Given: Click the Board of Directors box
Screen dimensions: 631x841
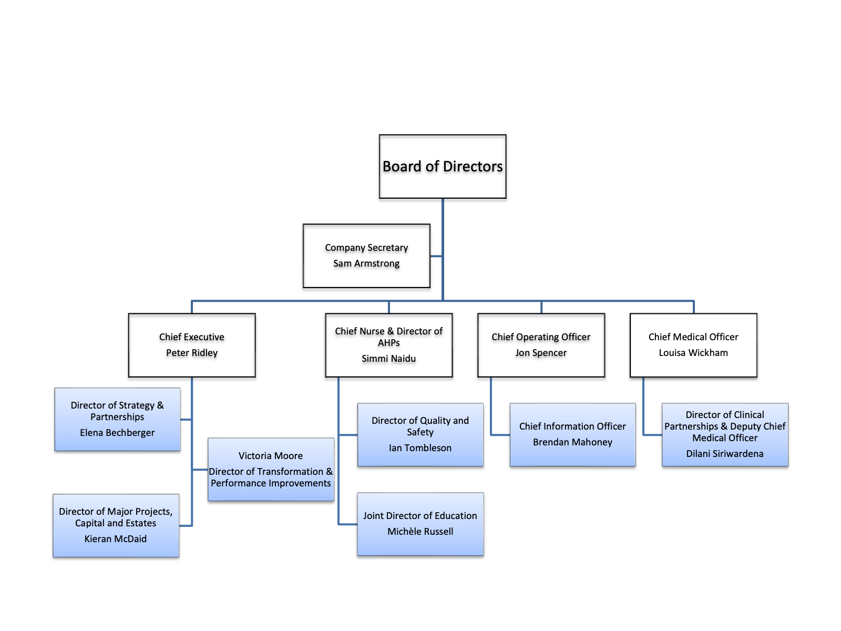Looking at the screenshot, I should pyautogui.click(x=443, y=167).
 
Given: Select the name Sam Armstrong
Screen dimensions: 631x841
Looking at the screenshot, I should pyautogui.click(x=366, y=263).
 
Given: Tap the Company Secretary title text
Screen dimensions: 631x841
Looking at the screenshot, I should pyautogui.click(x=366, y=248).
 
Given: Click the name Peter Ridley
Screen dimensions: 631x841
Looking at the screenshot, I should pyautogui.click(x=192, y=353).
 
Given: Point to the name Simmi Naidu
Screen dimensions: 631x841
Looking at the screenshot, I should pyautogui.click(x=388, y=359).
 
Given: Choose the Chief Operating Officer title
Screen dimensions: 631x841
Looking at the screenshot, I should pyautogui.click(x=541, y=337).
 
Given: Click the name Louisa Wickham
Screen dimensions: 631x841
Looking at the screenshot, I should pyautogui.click(x=693, y=353).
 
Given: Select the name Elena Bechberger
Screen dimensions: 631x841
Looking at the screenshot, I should pyautogui.click(x=117, y=433).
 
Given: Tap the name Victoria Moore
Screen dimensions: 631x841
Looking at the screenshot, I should pyautogui.click(x=271, y=456).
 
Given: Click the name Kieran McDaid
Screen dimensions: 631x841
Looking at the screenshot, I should pyautogui.click(x=116, y=539).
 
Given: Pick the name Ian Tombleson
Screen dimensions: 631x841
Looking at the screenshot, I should pyautogui.click(x=420, y=448).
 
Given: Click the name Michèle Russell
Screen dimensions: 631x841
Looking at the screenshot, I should pyautogui.click(x=420, y=532).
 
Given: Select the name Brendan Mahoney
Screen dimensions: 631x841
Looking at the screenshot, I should pyautogui.click(x=572, y=442).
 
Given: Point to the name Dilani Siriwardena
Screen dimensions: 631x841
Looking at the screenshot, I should pyautogui.click(x=725, y=454).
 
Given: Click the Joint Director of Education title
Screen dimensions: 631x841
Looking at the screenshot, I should pyautogui.click(x=420, y=516).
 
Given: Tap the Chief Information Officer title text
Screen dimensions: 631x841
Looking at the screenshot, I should pyautogui.click(x=572, y=426).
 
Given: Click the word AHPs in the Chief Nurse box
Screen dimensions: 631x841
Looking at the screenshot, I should pyautogui.click(x=388, y=343).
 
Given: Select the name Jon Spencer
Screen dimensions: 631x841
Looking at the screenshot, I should pyautogui.click(x=541, y=353).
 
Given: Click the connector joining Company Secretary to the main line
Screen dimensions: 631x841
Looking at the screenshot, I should pyautogui.click(x=436, y=256).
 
